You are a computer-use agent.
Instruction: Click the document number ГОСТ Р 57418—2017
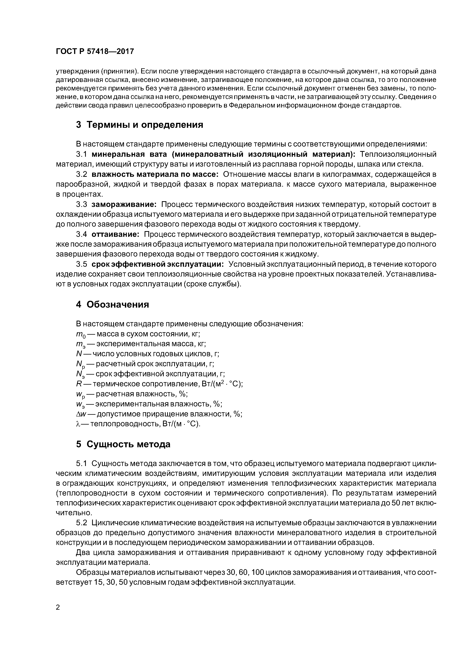point(95,51)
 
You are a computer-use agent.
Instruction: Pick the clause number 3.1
point(82,154)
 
